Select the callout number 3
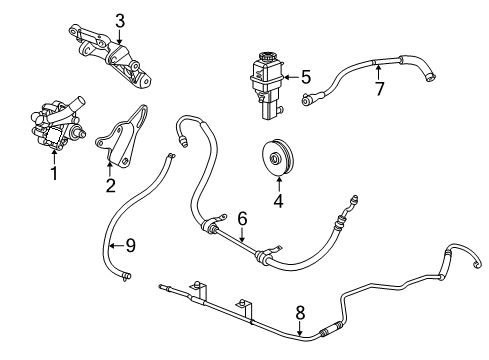tap(119, 19)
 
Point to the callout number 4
tap(279, 200)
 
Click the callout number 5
tap(306, 74)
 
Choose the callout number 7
tap(378, 88)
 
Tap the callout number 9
tap(130, 245)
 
